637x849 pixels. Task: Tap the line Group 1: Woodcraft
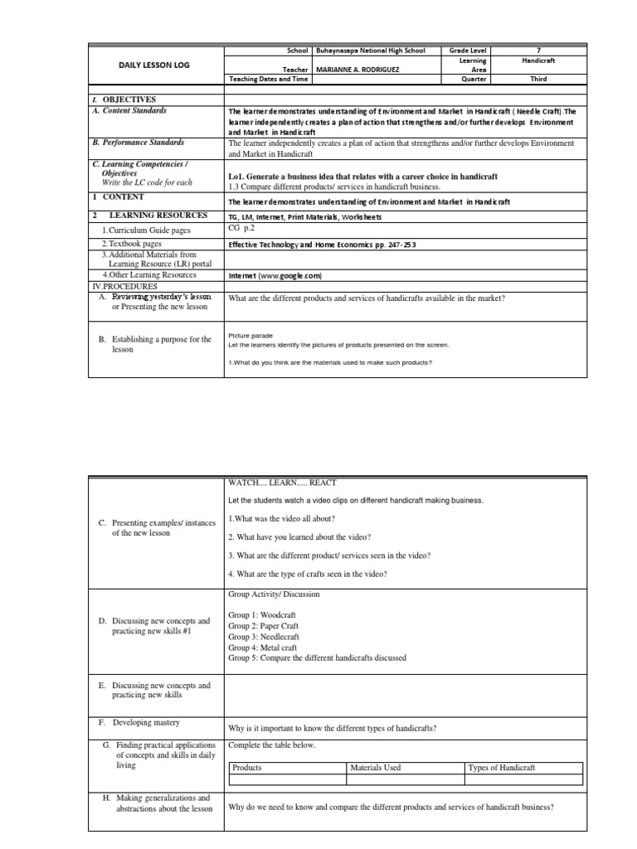coord(257,615)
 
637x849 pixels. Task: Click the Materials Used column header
coord(376,768)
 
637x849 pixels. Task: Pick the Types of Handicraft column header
coord(502,768)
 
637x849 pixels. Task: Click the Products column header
coord(247,768)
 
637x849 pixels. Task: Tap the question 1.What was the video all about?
coord(281,518)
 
